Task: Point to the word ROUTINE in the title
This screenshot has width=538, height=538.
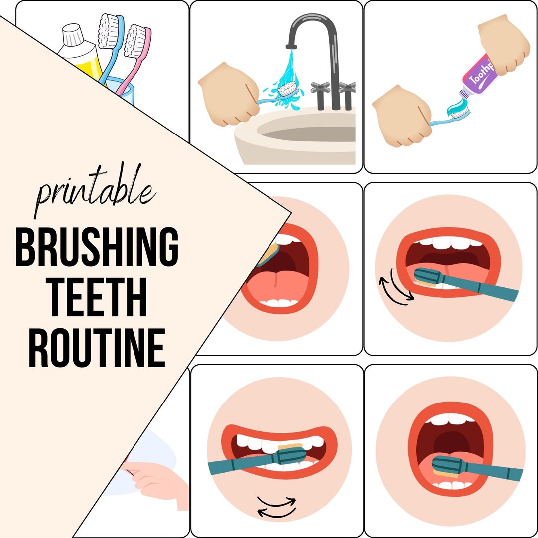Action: (97, 349)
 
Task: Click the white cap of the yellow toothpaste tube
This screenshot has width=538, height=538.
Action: (71, 36)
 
